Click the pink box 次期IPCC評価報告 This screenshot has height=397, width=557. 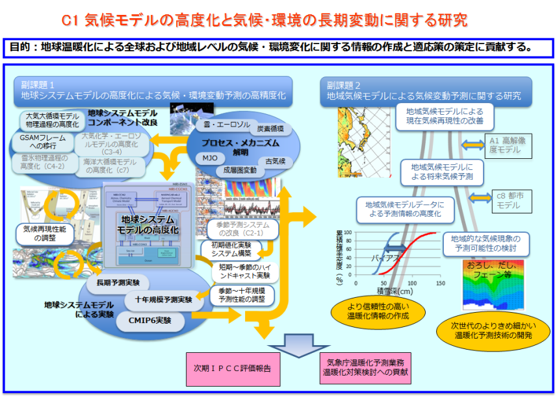(x=232, y=368)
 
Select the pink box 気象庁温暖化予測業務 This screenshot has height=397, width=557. (x=365, y=367)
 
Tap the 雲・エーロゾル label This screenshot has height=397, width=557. (x=223, y=123)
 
